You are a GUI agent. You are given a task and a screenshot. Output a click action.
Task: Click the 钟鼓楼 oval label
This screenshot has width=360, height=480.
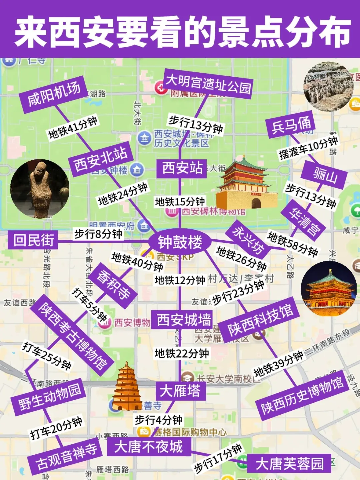point(180,242)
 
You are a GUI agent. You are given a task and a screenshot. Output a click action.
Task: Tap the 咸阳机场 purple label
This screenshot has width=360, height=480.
point(53,94)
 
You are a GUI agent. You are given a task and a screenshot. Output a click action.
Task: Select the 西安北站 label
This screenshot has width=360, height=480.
point(101,159)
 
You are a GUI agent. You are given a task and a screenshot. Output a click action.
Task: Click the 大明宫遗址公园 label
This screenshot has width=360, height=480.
point(208,84)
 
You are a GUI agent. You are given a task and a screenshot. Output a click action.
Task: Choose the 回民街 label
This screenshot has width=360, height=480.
point(33,240)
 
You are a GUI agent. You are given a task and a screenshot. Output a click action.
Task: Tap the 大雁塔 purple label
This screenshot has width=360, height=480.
point(180,391)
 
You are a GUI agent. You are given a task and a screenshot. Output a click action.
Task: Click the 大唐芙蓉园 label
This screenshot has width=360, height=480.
point(289,463)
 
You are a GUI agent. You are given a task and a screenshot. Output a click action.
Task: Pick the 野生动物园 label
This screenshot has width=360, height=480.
point(49,397)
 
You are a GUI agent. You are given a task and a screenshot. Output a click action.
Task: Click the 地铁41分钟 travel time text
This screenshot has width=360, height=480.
point(73,128)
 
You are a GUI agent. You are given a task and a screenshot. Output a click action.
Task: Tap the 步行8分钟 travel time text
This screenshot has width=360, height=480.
point(98,234)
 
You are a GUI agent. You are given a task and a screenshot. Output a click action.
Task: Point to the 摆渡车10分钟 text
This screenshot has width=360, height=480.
point(308,148)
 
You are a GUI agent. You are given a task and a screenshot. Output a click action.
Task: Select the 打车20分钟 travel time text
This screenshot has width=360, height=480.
point(56,429)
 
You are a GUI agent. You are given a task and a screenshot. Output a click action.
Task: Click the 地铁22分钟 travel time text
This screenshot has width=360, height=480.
point(182,353)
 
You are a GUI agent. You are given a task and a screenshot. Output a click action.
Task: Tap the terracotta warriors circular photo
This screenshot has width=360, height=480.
point(328,86)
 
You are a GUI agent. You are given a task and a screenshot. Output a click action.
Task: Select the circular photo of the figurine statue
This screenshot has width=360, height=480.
point(40,188)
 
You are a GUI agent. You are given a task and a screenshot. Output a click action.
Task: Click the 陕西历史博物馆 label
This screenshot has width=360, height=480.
point(302,395)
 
